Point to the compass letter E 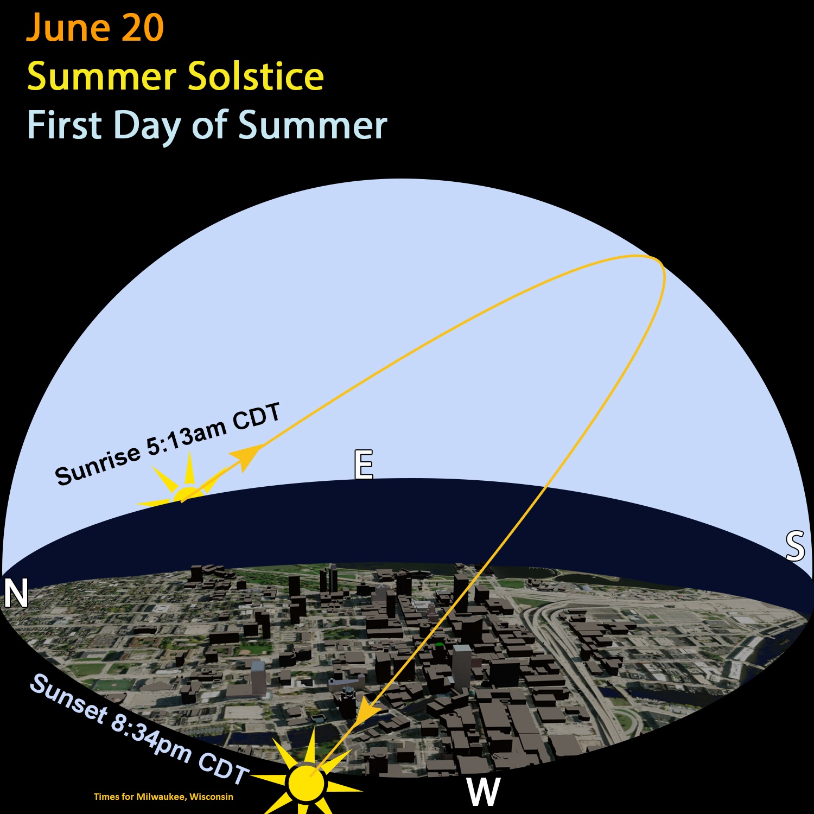[x=364, y=464]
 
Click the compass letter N [x=16, y=593]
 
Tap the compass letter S [x=795, y=546]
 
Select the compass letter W [x=483, y=792]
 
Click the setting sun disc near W [x=307, y=783]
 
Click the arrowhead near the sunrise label [x=248, y=456]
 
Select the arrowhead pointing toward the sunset [x=369, y=710]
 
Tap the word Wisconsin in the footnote [x=211, y=797]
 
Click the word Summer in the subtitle [x=313, y=125]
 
